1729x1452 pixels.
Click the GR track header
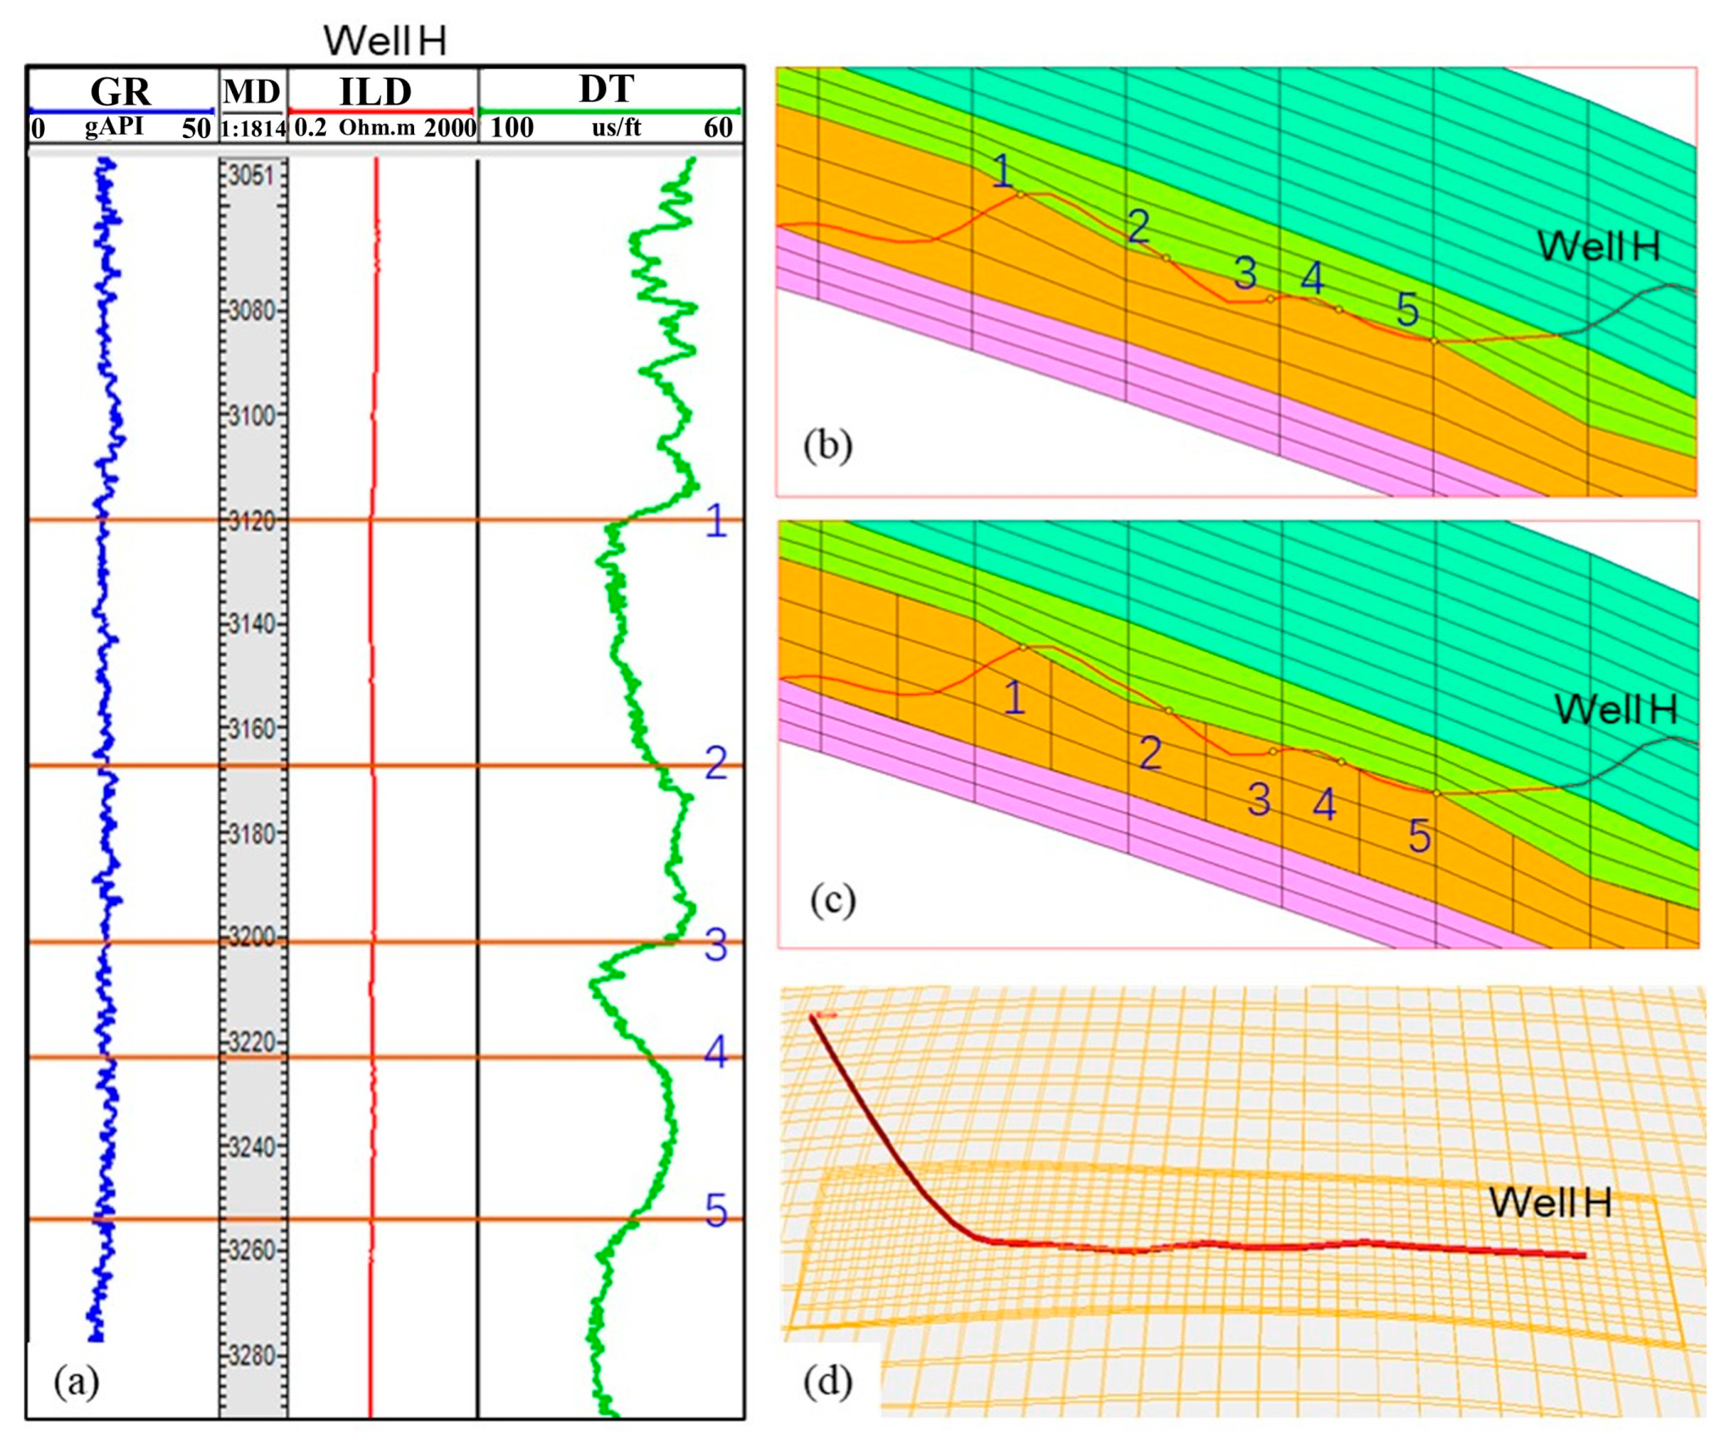[120, 91]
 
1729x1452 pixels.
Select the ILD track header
[375, 91]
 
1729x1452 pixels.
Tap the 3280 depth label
[253, 1355]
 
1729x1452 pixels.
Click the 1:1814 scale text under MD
[253, 128]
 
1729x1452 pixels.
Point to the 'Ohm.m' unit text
[377, 128]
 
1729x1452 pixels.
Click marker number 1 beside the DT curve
[716, 521]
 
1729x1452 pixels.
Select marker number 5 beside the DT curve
[716, 1212]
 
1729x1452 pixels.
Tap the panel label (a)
[77, 1380]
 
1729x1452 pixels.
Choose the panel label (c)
[833, 900]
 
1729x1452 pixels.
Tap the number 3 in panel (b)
[1246, 272]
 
